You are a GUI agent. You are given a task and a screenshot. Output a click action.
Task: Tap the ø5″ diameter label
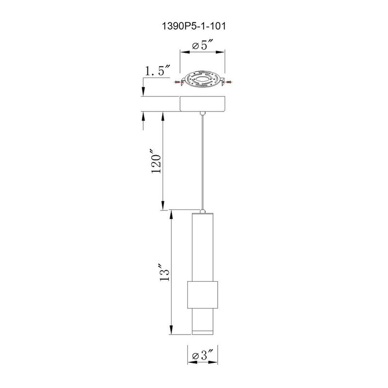[203, 46]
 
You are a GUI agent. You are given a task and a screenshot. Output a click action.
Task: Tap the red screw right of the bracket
[228, 82]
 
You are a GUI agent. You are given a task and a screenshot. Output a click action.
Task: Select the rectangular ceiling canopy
[203, 103]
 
